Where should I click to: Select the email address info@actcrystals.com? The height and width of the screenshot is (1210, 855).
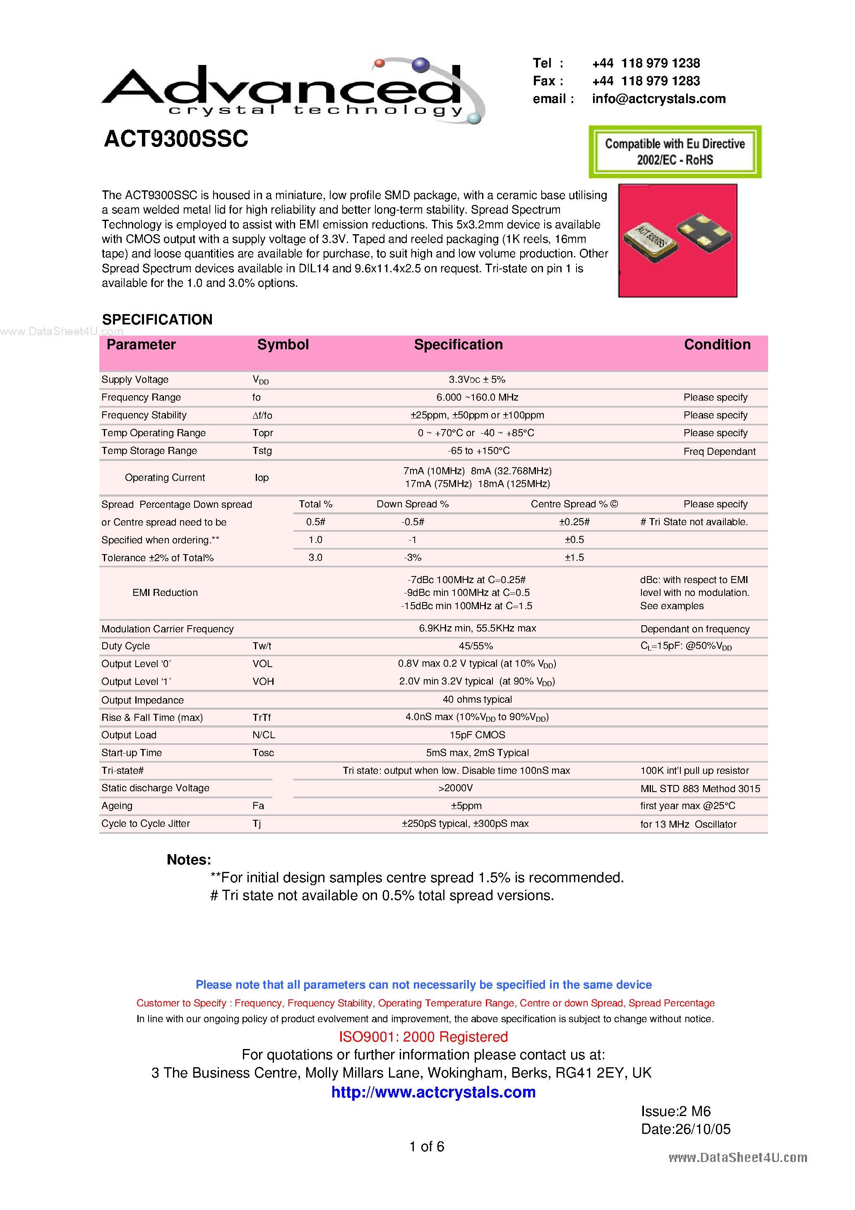[x=658, y=98]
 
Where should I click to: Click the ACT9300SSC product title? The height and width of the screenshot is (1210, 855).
[x=176, y=139]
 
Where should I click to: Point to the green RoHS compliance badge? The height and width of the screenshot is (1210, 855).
[x=675, y=152]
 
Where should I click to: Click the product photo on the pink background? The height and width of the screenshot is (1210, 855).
[x=677, y=240]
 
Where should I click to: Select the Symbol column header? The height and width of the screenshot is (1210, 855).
[x=283, y=345]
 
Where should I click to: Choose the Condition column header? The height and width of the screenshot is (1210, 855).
[x=717, y=345]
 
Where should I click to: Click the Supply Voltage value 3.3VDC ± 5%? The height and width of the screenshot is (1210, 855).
[x=476, y=379]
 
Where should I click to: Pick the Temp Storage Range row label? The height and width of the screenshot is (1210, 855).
[x=149, y=451]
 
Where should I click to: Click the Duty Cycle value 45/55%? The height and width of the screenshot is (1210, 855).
[x=476, y=646]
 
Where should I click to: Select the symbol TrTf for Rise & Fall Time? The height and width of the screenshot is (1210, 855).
[x=262, y=717]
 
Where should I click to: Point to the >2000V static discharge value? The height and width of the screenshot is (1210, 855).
[x=456, y=788]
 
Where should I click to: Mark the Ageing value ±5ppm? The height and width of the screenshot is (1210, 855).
[x=466, y=806]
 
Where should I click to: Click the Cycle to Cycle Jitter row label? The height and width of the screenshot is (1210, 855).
[x=146, y=824]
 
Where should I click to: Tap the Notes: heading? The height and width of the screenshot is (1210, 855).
[x=189, y=859]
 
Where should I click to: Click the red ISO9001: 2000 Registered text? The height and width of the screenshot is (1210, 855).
[x=423, y=1037]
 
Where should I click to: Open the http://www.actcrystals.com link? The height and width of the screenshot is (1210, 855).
[x=433, y=1092]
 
